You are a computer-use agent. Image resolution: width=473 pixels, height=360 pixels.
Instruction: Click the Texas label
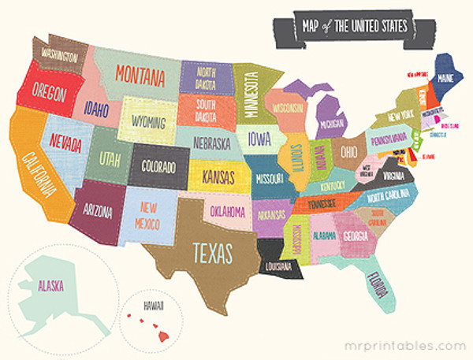pyautogui.click(x=213, y=251)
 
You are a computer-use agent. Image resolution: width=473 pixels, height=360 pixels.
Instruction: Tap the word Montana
pyautogui.click(x=140, y=75)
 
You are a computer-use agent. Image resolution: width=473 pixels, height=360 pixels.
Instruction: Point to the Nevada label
pyautogui.click(x=65, y=142)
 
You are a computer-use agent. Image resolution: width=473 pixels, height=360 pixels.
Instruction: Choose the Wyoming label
pyautogui.click(x=147, y=123)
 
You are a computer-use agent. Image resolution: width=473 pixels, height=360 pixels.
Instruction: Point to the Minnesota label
pyautogui.click(x=253, y=95)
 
